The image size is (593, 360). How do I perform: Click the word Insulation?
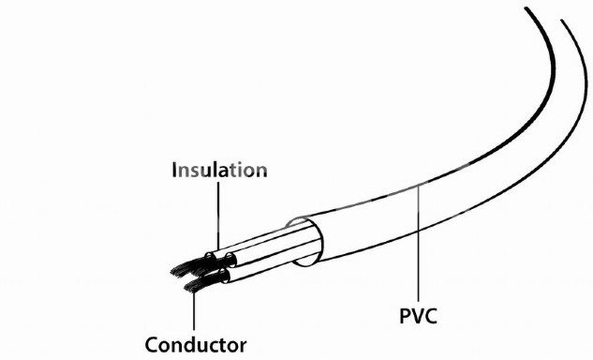pyautogui.click(x=219, y=170)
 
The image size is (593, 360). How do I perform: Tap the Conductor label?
pyautogui.click(x=196, y=345)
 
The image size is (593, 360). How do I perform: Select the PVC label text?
pyautogui.click(x=418, y=316)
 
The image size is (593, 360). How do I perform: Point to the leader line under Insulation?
pyautogui.click(x=218, y=216)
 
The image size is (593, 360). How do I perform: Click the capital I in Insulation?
pyautogui.click(x=174, y=170)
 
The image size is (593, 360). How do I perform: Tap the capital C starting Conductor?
pyautogui.click(x=152, y=345)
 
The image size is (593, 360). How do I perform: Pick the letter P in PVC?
pyautogui.click(x=406, y=316)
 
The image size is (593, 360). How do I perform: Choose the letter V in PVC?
pyautogui.click(x=417, y=316)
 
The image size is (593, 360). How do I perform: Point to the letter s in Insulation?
pyautogui.click(x=198, y=172)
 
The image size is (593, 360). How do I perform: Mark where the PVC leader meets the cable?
pyautogui.click(x=418, y=185)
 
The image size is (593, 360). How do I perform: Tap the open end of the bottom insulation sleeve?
pyautogui.click(x=224, y=276)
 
